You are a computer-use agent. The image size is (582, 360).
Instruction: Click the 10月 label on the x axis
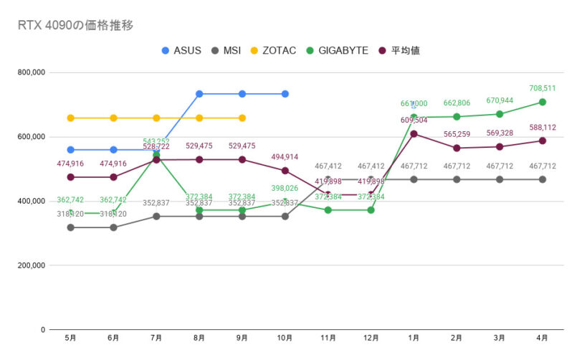pos(285,337)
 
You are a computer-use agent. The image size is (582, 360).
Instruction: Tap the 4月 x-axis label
pos(543,337)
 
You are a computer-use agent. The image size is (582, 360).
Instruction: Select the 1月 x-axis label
pos(414,337)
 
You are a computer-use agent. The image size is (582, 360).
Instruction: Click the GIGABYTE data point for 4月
pos(543,102)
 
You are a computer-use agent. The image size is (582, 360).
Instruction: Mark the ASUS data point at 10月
pos(285,94)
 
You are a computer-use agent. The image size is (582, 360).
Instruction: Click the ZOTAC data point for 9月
pos(242,118)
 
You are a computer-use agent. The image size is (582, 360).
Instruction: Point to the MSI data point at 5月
pos(70,227)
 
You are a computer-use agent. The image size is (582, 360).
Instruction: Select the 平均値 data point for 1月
pos(414,134)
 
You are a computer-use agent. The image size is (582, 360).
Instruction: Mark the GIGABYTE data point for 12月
pos(371,210)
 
